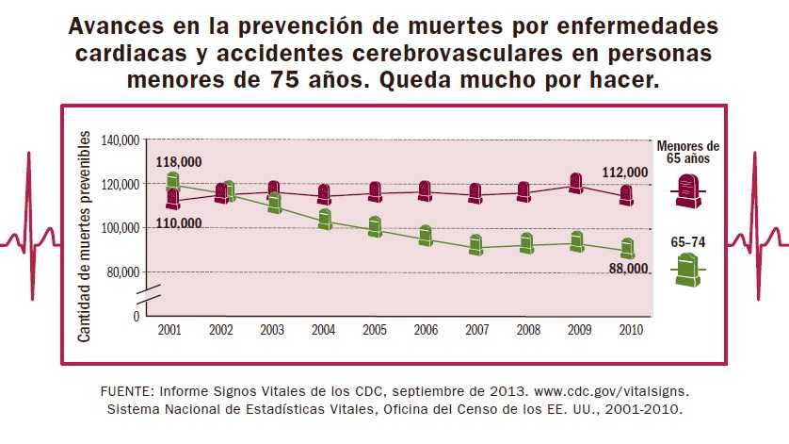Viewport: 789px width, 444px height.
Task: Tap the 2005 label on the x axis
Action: click(374, 330)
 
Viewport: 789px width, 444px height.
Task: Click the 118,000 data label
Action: click(178, 162)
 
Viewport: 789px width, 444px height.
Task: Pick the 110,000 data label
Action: click(178, 223)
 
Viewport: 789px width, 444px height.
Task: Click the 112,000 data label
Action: click(624, 173)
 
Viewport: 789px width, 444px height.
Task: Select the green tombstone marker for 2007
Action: click(476, 245)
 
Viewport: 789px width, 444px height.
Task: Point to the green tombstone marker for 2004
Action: click(325, 220)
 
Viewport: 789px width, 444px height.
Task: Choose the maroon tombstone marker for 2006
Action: click(425, 191)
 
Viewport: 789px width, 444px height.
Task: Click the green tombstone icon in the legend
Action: click(687, 271)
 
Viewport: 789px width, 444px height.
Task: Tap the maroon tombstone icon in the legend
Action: click(687, 190)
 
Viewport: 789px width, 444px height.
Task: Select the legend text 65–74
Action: click(687, 243)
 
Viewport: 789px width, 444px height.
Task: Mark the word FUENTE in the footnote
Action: click(126, 390)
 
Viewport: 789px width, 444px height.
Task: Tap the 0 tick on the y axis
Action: click(137, 316)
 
